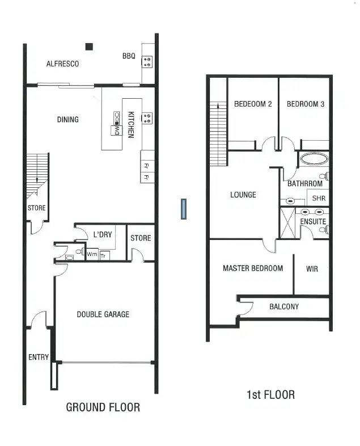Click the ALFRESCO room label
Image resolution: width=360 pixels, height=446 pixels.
click(62, 64)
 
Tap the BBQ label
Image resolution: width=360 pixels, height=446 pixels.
click(128, 56)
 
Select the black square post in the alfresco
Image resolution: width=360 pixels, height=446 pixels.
click(89, 47)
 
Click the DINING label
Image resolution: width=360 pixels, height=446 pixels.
click(67, 120)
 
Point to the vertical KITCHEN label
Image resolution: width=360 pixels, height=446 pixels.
click(131, 124)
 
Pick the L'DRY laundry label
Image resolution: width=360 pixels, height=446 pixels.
click(102, 234)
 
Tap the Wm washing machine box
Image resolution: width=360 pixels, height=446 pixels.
click(92, 255)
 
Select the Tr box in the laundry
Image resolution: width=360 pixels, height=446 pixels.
click(103, 256)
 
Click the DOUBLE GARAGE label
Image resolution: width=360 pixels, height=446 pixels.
click(103, 314)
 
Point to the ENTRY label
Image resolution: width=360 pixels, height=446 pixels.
click(39, 357)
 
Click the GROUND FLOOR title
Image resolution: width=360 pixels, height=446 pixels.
click(103, 407)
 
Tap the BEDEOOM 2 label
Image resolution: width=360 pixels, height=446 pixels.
click(253, 104)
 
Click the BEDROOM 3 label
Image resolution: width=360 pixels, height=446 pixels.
click(305, 104)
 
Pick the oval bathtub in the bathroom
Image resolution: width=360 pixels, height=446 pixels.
click(314, 159)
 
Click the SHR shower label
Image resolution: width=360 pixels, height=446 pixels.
click(319, 198)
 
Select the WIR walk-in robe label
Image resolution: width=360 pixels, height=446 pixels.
click(312, 269)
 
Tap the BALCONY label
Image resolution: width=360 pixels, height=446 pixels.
click(283, 307)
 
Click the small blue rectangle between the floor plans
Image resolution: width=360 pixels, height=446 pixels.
click(184, 209)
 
